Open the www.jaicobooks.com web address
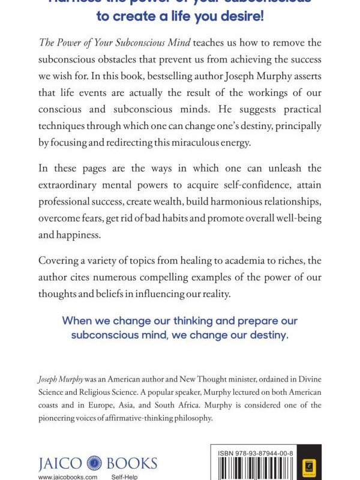[67, 476]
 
